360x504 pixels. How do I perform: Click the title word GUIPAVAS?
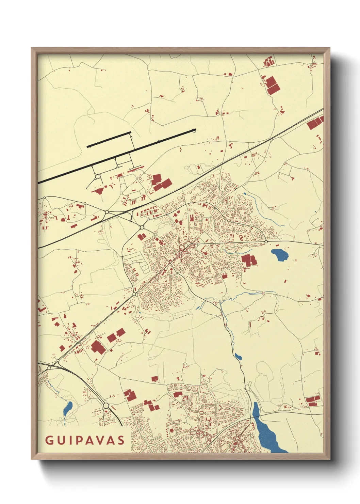[85, 440]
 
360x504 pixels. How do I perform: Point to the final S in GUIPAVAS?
[121, 440]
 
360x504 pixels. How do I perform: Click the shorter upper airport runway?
[109, 139]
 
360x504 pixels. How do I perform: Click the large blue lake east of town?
[279, 254]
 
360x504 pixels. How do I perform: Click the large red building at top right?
[272, 85]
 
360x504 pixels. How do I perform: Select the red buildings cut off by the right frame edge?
[315, 123]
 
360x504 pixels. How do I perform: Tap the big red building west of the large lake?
[249, 260]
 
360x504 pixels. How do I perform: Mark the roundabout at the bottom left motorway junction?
[106, 406]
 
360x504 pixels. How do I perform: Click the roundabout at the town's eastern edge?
[266, 241]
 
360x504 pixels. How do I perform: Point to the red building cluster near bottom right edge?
[313, 401]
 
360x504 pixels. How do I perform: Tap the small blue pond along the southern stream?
[238, 357]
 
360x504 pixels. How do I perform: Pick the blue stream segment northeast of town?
[260, 209]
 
